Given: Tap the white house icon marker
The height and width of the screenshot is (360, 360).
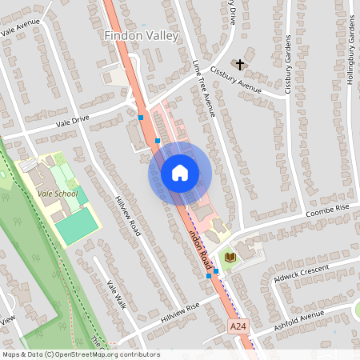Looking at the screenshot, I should pyautogui.click(x=180, y=173).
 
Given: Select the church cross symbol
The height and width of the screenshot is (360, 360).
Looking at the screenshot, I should pyautogui.click(x=239, y=63).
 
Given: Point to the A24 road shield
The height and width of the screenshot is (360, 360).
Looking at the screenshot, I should pyautogui.click(x=238, y=327).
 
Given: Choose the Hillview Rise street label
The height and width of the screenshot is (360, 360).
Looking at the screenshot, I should pyautogui.click(x=180, y=310).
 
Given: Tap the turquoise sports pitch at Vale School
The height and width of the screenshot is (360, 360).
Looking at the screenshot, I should pyautogui.click(x=77, y=230).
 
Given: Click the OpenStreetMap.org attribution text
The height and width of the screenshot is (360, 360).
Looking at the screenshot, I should pyautogui.click(x=103, y=354).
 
